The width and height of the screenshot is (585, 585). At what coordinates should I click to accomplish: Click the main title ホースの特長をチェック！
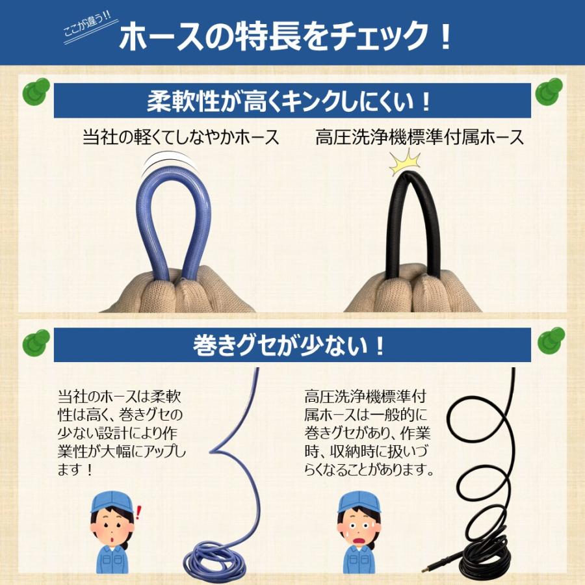(x=286, y=37)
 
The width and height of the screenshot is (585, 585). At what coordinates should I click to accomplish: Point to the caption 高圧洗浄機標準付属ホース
(x=419, y=137)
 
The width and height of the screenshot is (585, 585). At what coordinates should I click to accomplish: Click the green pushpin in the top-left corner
(x=36, y=93)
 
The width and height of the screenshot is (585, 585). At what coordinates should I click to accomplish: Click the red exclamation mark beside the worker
(x=138, y=513)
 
